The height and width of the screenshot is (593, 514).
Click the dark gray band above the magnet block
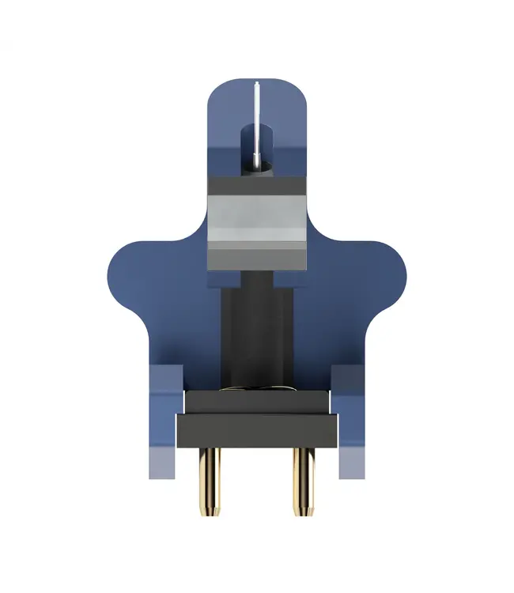click(x=255, y=186)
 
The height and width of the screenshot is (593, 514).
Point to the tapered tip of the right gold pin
click(x=301, y=508)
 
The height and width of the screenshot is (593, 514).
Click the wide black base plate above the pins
click(x=255, y=431)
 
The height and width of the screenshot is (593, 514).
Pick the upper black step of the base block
click(x=255, y=402)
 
